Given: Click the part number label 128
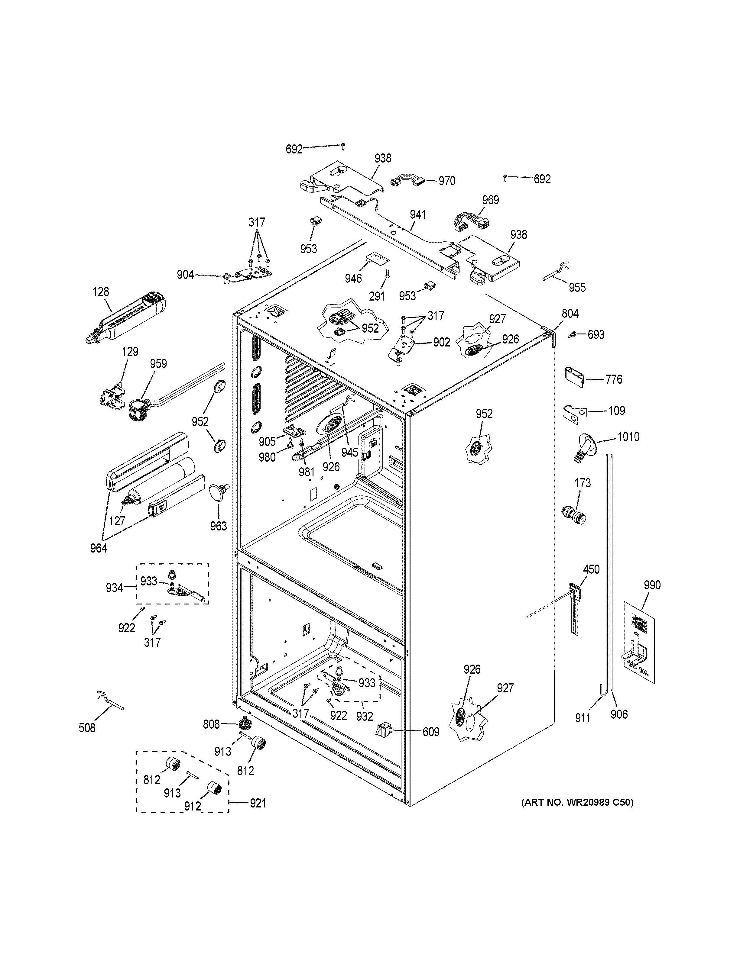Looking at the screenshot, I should pos(101,292).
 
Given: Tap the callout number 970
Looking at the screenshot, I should pos(447,181).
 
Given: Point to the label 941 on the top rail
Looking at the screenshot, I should pos(418,215).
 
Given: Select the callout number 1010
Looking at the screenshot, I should pos(628,437).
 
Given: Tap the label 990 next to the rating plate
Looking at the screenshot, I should pos(652,585).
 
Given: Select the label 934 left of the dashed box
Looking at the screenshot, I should pos(114,588).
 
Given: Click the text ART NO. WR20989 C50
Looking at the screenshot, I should pos(577,802).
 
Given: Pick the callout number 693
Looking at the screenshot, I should pos(596,335).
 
